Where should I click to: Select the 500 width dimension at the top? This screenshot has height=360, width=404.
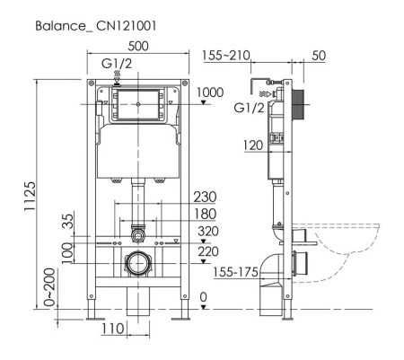(138, 45)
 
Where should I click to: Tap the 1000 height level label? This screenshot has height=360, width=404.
(210, 92)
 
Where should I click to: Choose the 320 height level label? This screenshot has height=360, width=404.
(207, 231)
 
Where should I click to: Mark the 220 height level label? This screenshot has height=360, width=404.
(207, 252)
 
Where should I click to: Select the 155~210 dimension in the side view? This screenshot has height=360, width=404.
(226, 56)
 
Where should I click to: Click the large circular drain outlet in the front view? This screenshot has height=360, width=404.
(137, 266)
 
